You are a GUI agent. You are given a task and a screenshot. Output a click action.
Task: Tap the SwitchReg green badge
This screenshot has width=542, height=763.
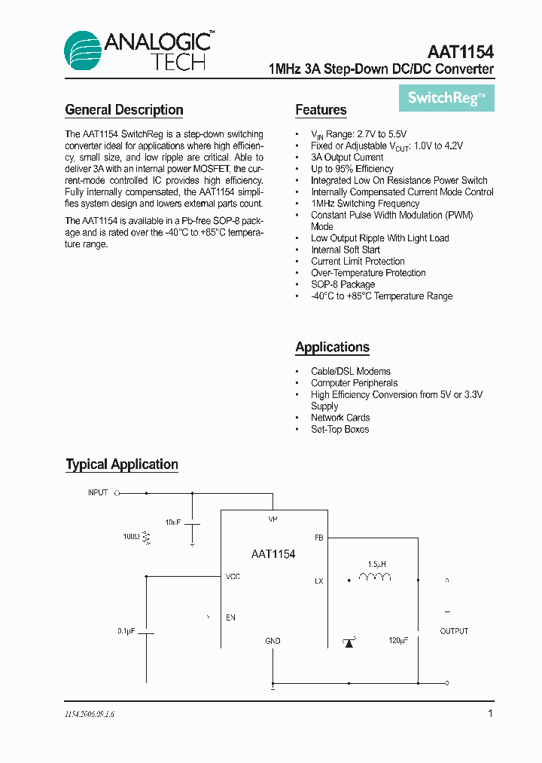click(x=446, y=98)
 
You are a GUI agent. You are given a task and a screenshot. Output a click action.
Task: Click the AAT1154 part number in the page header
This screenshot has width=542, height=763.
click(x=460, y=52)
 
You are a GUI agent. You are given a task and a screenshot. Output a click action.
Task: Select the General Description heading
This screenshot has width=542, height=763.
click(x=124, y=110)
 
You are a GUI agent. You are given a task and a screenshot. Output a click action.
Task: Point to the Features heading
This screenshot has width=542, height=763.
click(x=321, y=110)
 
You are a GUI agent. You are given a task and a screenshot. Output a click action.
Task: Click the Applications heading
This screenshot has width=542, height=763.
click(x=332, y=348)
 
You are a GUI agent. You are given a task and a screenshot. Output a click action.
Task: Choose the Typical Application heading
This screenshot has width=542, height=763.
click(x=122, y=464)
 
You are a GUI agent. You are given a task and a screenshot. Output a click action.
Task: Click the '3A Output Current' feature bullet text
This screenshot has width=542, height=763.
click(x=347, y=158)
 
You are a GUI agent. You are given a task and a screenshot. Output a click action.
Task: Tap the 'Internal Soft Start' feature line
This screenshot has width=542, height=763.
click(x=346, y=250)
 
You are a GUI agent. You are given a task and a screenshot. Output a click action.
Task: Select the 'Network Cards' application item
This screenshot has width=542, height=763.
click(x=340, y=418)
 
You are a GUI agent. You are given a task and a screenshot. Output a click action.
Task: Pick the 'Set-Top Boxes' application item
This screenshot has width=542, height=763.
click(x=340, y=429)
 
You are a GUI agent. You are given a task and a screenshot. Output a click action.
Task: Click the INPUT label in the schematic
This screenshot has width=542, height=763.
click(x=98, y=492)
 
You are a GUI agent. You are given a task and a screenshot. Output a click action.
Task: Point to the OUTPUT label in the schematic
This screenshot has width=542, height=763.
click(x=454, y=631)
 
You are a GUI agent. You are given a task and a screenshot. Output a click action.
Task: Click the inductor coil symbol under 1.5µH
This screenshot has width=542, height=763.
click(x=375, y=578)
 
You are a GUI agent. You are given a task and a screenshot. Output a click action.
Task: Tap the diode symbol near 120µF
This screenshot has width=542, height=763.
click(x=349, y=642)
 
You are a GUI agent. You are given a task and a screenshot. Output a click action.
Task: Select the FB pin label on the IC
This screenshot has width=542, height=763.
click(x=318, y=538)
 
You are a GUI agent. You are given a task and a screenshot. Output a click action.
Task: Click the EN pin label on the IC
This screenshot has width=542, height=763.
click(x=230, y=617)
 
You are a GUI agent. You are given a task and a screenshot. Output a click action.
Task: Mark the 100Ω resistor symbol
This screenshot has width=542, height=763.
click(x=148, y=538)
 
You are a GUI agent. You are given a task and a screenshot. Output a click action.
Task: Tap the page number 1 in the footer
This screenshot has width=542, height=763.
click(x=490, y=713)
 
